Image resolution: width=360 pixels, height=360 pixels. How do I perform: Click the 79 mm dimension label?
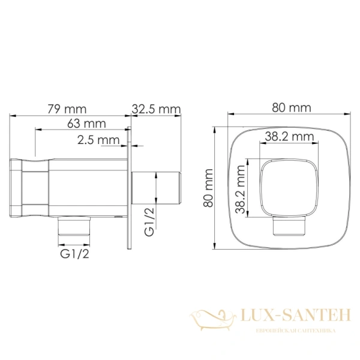[x=67, y=109]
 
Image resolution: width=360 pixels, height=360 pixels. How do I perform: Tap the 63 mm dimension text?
[x=86, y=124]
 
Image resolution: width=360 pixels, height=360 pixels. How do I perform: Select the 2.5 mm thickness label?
[x=98, y=140]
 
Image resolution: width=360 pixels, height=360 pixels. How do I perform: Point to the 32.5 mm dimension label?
[x=156, y=109]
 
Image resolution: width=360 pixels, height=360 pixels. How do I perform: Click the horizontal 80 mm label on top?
[x=292, y=107]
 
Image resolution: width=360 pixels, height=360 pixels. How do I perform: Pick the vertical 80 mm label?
[x=209, y=188]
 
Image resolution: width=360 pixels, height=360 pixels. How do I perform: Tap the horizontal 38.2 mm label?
[x=290, y=137]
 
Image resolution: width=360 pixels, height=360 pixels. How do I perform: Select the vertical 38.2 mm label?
[x=241, y=189]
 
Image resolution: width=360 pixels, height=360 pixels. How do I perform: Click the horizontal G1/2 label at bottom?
[x=74, y=254]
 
